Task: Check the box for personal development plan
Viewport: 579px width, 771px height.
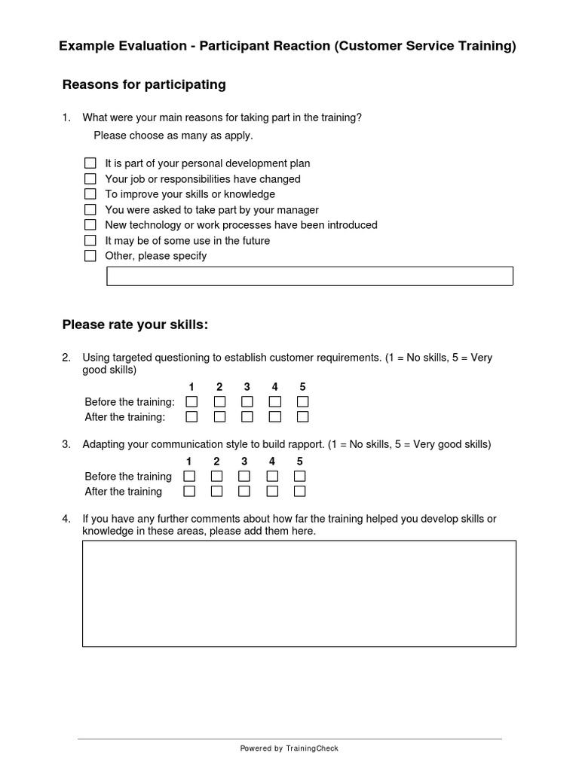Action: [x=90, y=163]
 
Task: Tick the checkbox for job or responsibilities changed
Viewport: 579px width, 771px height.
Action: [x=90, y=179]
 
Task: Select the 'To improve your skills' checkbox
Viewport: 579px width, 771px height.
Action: [x=90, y=194]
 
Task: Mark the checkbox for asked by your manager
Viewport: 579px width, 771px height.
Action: [x=90, y=210]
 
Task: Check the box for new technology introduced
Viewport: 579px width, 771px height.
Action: [x=90, y=225]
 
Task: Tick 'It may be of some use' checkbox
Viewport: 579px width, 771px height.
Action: [x=90, y=241]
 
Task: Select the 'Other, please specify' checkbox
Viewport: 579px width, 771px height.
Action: [x=90, y=256]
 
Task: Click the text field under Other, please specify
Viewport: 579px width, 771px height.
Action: [x=309, y=276]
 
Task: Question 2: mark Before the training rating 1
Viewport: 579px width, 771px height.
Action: [x=191, y=401]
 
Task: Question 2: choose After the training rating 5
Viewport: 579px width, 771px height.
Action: [x=302, y=416]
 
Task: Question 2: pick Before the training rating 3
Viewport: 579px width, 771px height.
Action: [x=247, y=401]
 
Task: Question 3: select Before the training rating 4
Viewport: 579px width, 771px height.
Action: [x=272, y=476]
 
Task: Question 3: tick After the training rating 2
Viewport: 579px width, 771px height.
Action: [x=216, y=491]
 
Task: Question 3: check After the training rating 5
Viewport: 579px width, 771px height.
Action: [x=299, y=491]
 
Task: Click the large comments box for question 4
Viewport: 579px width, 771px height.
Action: [x=299, y=593]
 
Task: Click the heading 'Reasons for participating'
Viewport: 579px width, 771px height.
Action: [x=144, y=84]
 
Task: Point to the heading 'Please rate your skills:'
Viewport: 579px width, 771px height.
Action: [x=135, y=325]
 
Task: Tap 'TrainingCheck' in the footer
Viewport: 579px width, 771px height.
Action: [x=312, y=748]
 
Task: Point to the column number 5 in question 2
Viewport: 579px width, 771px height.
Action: [x=302, y=387]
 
